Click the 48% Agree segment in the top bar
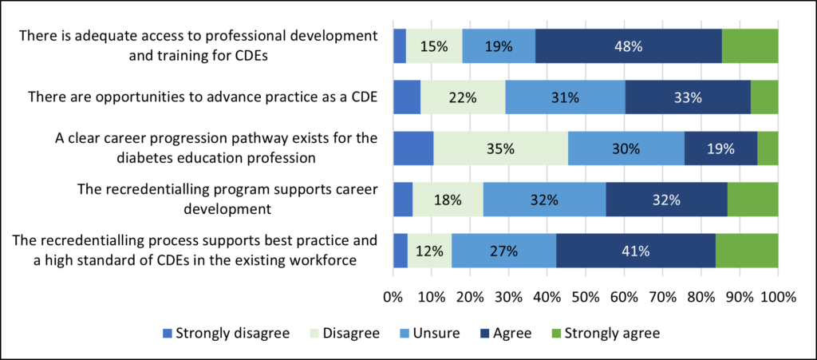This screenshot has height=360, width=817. point(628,46)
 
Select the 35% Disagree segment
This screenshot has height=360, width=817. point(501,148)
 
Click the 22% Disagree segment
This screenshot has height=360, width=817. point(463,97)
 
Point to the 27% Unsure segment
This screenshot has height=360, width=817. point(503,251)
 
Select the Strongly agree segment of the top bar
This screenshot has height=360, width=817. point(750,46)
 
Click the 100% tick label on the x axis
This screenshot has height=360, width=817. point(778,298)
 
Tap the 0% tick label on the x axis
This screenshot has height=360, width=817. point(393,298)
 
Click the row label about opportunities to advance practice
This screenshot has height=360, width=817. point(203,97)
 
